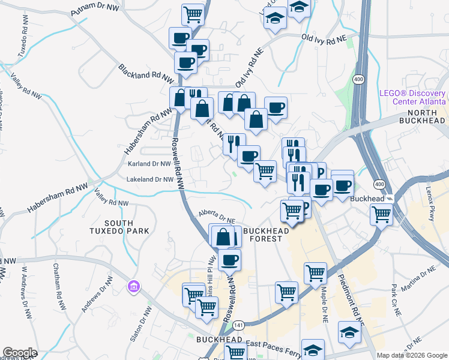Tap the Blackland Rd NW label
tap(146, 74)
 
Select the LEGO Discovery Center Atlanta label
tap(413, 97)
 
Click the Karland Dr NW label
tap(149, 163)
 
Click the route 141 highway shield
tap(239, 325)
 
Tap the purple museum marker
tap(133, 287)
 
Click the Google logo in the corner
tap(20, 353)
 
